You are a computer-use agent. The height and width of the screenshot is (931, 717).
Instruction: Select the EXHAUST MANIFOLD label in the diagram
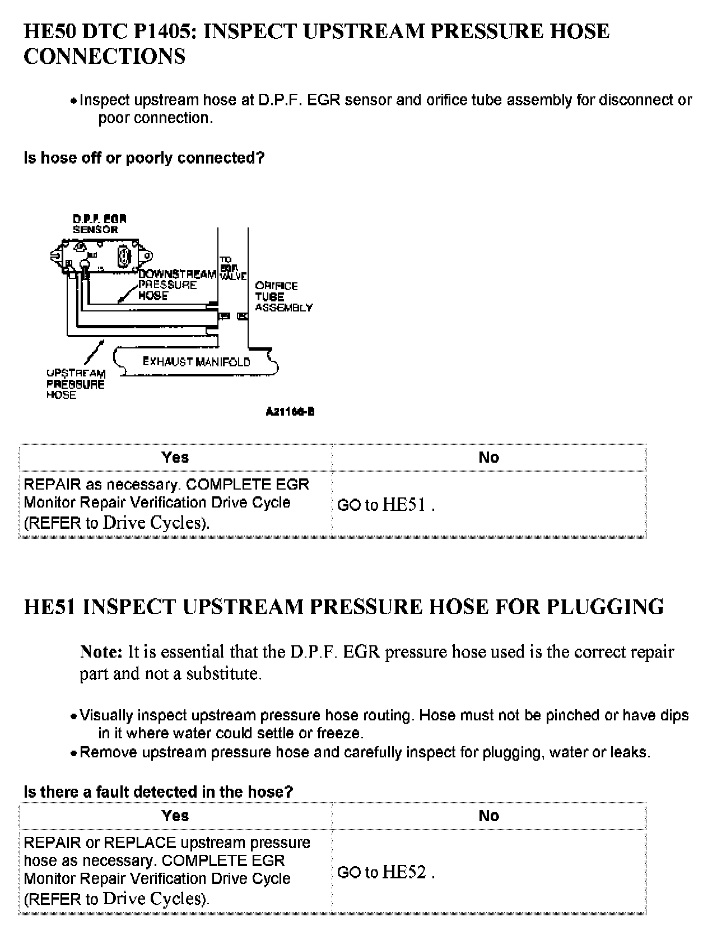click(196, 362)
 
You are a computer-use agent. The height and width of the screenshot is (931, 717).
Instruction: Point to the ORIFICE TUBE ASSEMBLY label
click(283, 296)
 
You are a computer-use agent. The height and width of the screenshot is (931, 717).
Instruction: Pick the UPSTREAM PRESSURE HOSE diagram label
click(76, 384)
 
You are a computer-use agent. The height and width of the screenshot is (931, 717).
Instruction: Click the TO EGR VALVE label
click(232, 268)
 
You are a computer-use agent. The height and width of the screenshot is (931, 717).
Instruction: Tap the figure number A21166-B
click(290, 412)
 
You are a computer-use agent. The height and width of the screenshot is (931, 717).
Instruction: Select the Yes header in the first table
click(175, 458)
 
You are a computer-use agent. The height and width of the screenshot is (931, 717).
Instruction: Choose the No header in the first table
click(488, 458)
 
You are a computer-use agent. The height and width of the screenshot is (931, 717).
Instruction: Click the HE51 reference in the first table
click(404, 505)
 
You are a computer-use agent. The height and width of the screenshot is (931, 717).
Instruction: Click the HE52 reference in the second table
click(404, 872)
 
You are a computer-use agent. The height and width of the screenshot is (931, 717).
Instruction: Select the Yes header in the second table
click(175, 816)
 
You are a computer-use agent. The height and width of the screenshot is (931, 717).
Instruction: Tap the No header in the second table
click(488, 816)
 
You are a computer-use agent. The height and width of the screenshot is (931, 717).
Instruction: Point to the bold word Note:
click(101, 652)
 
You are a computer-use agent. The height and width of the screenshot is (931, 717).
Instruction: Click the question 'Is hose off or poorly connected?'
click(144, 158)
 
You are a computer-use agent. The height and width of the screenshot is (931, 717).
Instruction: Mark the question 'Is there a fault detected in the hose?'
click(159, 792)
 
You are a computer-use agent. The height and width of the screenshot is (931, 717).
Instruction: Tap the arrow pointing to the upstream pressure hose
click(93, 352)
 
